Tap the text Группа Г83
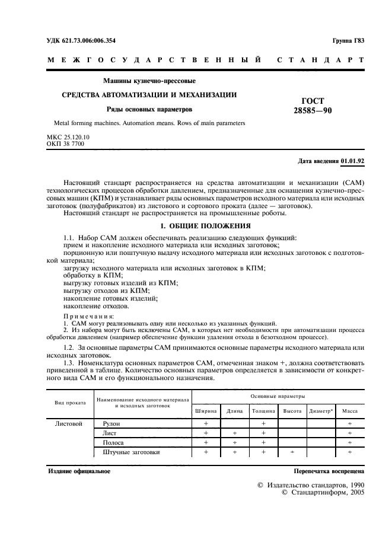point(349,40)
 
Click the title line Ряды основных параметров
point(149,109)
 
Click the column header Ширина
point(205,410)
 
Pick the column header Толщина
point(263,410)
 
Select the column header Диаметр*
point(321,410)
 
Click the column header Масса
point(350,410)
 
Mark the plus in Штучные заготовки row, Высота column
point(292,452)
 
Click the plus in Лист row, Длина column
point(234,433)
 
